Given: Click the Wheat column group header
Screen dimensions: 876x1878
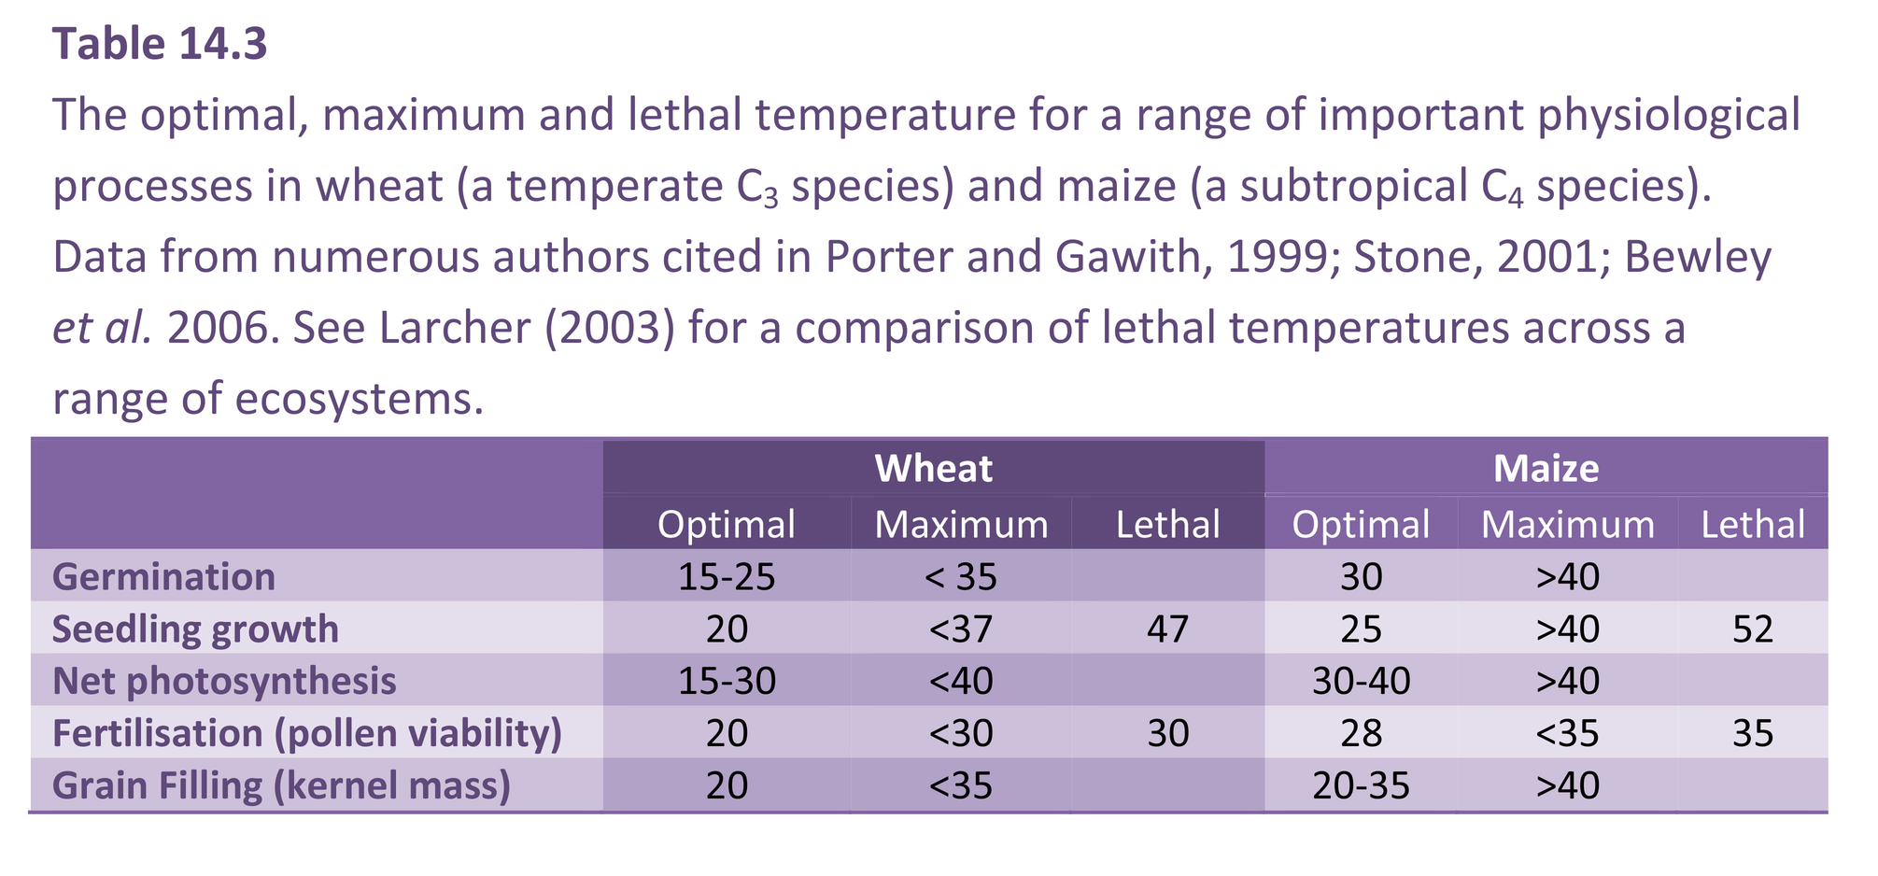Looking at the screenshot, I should pos(933,468).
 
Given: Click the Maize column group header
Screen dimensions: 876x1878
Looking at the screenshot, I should pos(1546,468).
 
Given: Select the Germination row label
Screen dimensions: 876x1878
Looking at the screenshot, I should pos(164,576).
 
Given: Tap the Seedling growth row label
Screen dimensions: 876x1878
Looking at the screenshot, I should pos(195,629).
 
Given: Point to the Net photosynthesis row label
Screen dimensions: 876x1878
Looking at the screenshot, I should pos(224,681).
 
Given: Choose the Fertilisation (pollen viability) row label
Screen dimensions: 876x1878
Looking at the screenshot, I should pos(307,733).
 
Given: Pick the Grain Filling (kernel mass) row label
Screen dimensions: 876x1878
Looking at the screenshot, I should pos(281,785).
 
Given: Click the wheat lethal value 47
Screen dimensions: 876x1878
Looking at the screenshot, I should pos(1167,629).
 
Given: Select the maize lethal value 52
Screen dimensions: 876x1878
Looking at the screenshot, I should pos(1752,629).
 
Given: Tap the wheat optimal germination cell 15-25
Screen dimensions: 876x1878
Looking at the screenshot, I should pos(727,576).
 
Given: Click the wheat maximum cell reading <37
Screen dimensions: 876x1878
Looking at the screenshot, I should pos(961,629).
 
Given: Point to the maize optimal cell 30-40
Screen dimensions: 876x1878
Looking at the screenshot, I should pos(1361,681).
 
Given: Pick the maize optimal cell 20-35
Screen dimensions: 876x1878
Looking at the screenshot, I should pos(1361,785).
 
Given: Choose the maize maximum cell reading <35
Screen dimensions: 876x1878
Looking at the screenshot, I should pos(1567,733).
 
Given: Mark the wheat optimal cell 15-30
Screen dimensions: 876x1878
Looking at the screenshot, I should pos(727,681).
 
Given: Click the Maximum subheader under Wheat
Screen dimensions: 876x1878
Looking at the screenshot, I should pos(961,524).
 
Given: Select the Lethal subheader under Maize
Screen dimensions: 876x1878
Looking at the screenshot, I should pos(1752,524).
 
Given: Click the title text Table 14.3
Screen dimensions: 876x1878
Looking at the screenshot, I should pos(160,44).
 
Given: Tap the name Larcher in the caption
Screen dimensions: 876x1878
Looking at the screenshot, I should pos(455,328).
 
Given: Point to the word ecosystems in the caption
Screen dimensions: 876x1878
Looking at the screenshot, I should pos(360,399).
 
